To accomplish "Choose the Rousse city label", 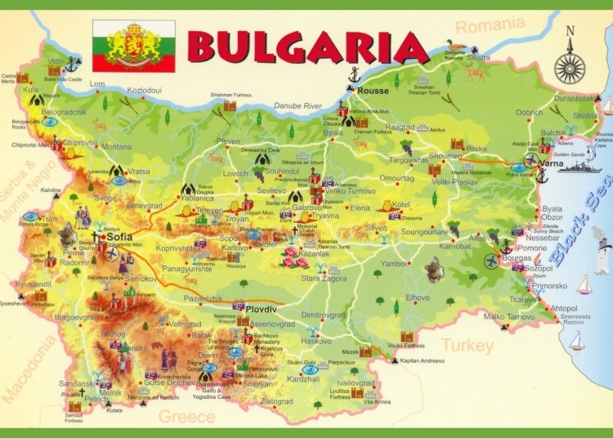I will (374, 91).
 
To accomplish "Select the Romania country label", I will (490, 27).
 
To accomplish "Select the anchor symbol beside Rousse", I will (354, 76).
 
